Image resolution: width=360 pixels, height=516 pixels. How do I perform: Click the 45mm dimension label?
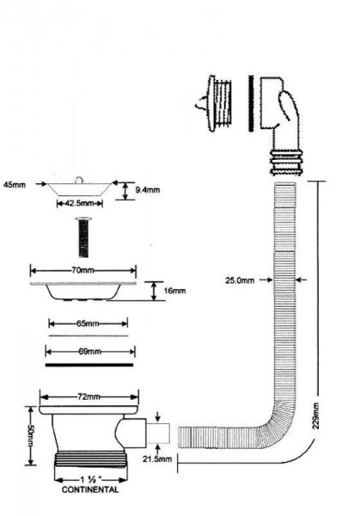click(14, 185)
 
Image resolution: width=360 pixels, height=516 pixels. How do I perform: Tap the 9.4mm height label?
click(148, 190)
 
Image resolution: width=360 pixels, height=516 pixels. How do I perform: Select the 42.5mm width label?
click(80, 203)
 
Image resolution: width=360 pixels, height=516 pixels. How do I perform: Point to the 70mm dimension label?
click(82, 271)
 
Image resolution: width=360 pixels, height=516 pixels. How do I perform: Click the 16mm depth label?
click(174, 291)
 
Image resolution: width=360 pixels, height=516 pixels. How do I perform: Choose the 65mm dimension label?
click(88, 323)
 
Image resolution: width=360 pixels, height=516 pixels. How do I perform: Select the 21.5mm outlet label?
click(157, 458)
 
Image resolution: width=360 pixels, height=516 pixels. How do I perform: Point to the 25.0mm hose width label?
click(240, 280)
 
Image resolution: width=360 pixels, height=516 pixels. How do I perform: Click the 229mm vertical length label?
click(316, 415)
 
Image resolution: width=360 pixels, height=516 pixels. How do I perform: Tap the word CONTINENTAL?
click(90, 489)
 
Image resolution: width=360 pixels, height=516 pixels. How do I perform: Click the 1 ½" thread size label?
click(90, 480)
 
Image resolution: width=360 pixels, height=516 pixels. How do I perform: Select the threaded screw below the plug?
click(83, 237)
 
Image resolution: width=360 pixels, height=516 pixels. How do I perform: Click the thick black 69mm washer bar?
click(89, 365)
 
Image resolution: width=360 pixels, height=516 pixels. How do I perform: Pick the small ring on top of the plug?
click(79, 180)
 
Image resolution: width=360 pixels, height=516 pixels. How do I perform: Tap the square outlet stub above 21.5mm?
click(158, 433)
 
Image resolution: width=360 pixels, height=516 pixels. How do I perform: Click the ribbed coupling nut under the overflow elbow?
click(285, 162)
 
